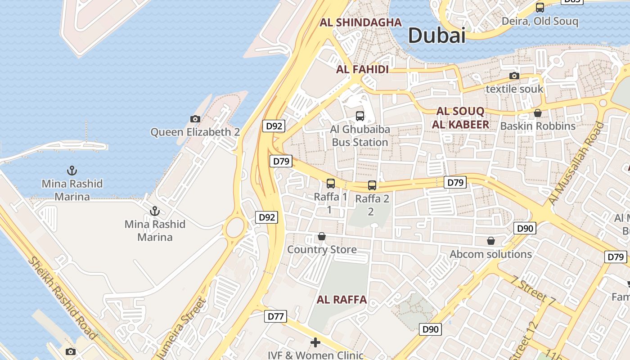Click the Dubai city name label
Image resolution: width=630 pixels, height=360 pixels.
(x=436, y=35)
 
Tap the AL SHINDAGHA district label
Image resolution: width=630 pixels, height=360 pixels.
(x=360, y=22)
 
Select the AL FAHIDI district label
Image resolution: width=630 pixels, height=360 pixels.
(x=362, y=69)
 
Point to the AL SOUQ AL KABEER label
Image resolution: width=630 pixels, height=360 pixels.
(x=460, y=118)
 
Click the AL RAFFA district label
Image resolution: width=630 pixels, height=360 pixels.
(x=342, y=300)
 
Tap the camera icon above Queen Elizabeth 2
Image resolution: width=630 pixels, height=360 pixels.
(x=195, y=119)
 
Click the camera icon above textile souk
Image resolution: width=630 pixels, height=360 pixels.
(x=514, y=76)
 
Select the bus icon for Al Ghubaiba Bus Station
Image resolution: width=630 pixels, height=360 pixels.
(x=360, y=116)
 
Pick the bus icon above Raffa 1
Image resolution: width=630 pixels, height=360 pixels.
(x=331, y=183)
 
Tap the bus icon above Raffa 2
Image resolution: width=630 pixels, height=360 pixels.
(x=372, y=185)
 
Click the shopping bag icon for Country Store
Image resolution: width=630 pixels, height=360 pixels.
(x=322, y=236)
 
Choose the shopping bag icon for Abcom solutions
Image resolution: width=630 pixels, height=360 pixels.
(x=491, y=241)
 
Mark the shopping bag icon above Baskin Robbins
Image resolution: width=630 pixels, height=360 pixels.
(x=538, y=112)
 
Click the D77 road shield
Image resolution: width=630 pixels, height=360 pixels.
(x=275, y=316)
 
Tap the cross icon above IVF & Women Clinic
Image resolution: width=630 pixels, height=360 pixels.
(x=315, y=342)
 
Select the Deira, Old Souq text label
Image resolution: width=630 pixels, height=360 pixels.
(x=540, y=21)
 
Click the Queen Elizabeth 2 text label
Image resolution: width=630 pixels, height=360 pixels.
(x=195, y=132)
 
